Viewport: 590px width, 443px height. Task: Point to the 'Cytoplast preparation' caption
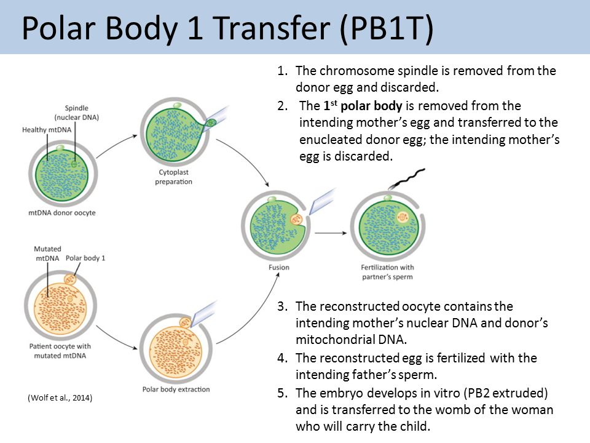[173, 177]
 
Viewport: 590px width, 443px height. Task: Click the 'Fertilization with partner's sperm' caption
[387, 272]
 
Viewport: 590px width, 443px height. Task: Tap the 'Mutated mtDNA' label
[47, 254]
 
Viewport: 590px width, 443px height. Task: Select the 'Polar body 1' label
[86, 258]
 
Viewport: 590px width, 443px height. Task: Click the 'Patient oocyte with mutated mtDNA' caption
[60, 351]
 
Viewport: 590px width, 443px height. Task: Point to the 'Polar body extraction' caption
[176, 389]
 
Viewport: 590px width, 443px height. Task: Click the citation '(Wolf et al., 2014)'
[60, 398]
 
